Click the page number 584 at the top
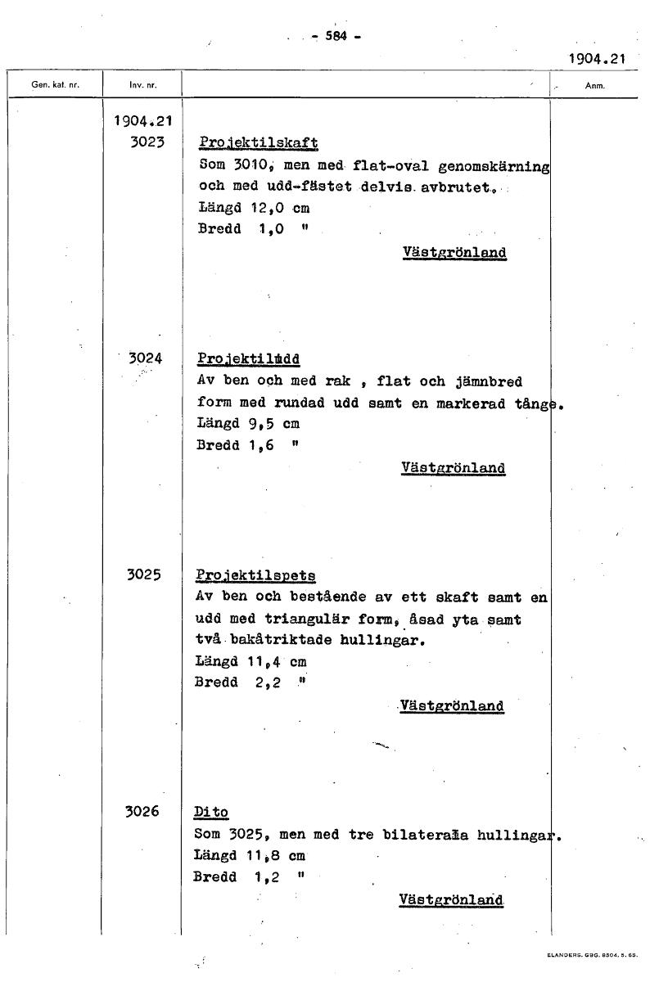336,36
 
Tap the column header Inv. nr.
142,85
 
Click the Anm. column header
594,85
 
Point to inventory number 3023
147,141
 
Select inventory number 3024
146,358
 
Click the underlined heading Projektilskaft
258,142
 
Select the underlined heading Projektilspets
255,575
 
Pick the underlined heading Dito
211,813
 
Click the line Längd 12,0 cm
253,208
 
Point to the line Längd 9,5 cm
248,424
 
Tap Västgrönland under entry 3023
454,252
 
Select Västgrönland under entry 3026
450,899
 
